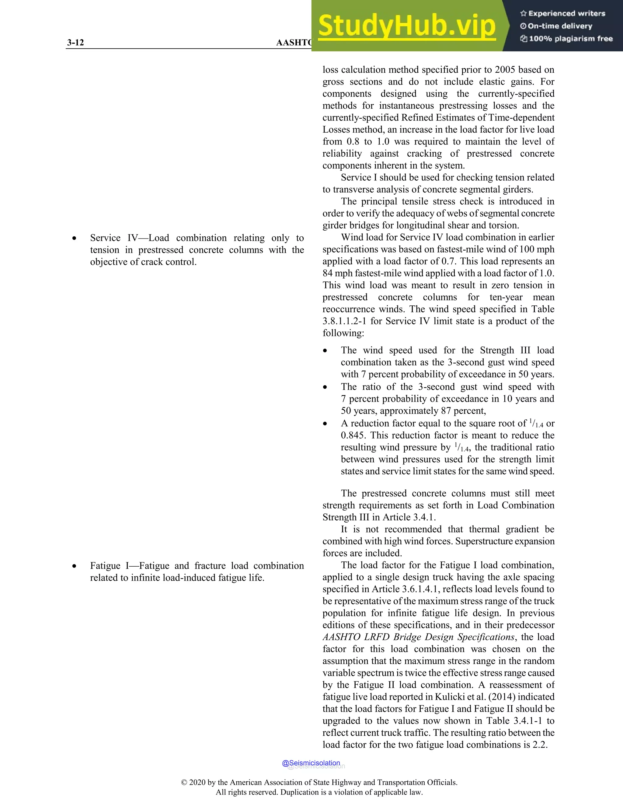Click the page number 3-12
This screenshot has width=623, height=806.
click(75, 43)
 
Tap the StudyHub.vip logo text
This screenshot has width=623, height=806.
click(406, 26)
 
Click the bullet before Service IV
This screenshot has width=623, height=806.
click(75, 239)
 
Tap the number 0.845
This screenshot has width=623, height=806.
click(353, 435)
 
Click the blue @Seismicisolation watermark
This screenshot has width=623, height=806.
click(311, 763)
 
